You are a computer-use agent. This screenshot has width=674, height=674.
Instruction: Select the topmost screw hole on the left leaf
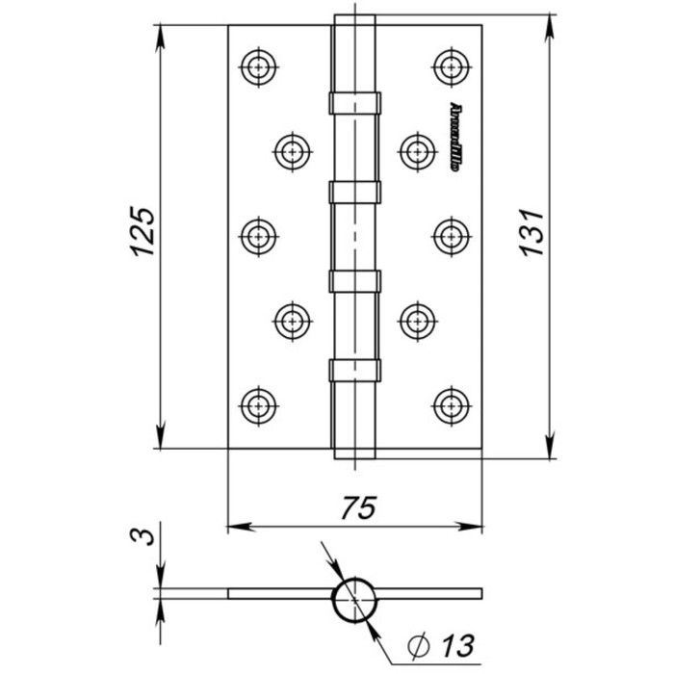pyautogui.click(x=257, y=65)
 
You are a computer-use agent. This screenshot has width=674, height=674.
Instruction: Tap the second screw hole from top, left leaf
pyautogui.click(x=292, y=149)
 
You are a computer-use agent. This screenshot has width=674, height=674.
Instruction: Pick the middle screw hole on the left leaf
pyautogui.click(x=257, y=233)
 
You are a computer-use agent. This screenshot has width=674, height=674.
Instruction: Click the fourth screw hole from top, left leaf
pyautogui.click(x=292, y=319)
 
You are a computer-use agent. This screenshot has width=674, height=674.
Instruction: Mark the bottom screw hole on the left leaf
pyautogui.click(x=257, y=403)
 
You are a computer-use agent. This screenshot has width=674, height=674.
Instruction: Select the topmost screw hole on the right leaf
pyautogui.click(x=450, y=65)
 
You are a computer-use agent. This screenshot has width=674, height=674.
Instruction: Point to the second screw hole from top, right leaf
pyautogui.click(x=415, y=149)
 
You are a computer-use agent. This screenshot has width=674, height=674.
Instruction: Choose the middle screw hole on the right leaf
pyautogui.click(x=450, y=233)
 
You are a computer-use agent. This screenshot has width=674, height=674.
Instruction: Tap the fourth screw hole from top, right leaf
pyautogui.click(x=415, y=319)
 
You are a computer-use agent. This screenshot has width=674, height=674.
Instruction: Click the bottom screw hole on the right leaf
pyautogui.click(x=450, y=403)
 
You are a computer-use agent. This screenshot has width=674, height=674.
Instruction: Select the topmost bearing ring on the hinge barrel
pyautogui.click(x=354, y=102)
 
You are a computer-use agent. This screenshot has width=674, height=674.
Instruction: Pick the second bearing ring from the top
pyautogui.click(x=354, y=192)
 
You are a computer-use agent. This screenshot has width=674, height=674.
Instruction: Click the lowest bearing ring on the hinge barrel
pyautogui.click(x=354, y=370)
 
